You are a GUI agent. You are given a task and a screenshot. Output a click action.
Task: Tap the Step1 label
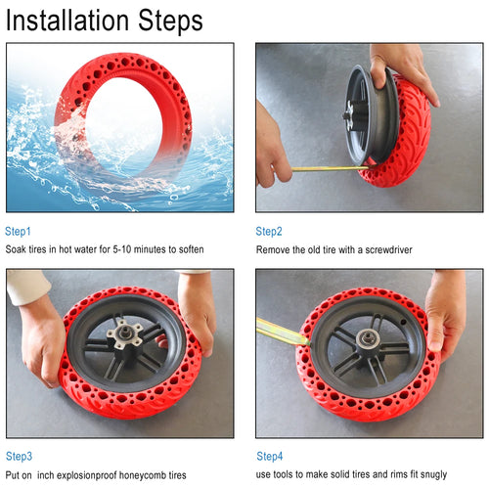19,232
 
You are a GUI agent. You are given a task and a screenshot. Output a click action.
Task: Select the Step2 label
269,232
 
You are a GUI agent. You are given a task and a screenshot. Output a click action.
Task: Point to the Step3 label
19,457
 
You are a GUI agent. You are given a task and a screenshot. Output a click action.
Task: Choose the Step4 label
270,457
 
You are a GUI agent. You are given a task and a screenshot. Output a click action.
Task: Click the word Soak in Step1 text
17,250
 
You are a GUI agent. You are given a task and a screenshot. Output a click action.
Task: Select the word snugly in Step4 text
431,474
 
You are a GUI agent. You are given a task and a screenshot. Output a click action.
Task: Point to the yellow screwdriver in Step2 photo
323,168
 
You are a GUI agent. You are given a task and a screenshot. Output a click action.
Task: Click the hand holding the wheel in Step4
447,313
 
